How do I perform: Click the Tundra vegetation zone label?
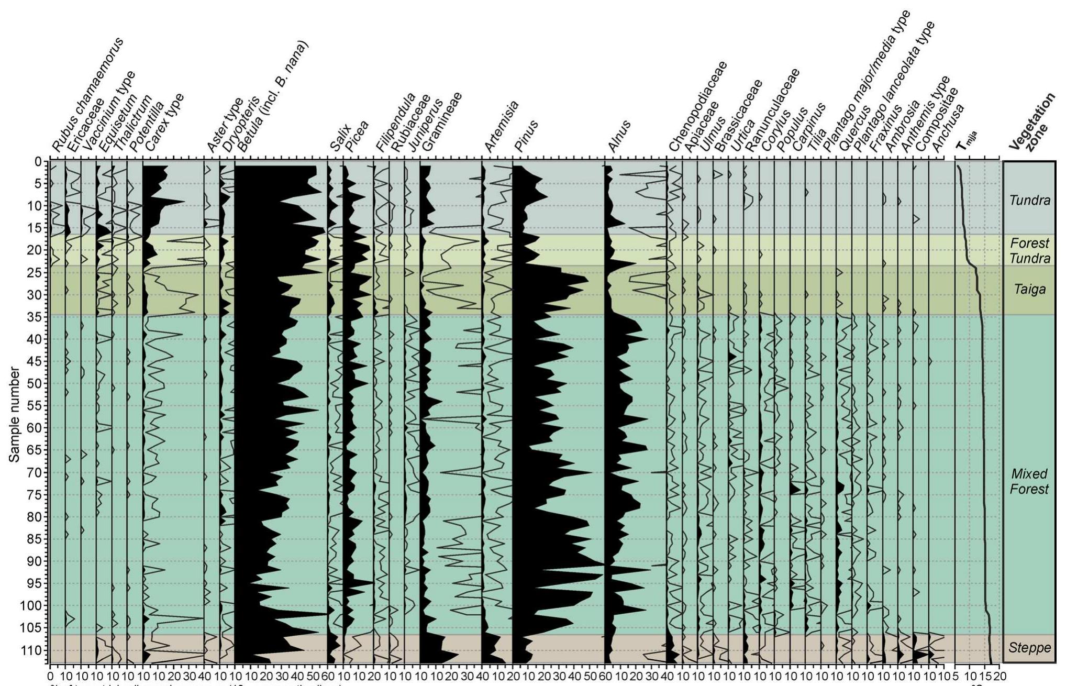pyautogui.click(x=1029, y=200)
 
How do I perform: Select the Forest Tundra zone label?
pyautogui.click(x=1029, y=251)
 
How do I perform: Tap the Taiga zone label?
pyautogui.click(x=1029, y=289)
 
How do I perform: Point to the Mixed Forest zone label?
pyautogui.click(x=1029, y=481)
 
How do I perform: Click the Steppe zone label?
pyautogui.click(x=1029, y=648)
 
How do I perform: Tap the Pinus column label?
pyautogui.click(x=526, y=136)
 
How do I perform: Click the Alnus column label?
pyautogui.click(x=619, y=136)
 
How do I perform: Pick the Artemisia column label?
pyautogui.click(x=501, y=127)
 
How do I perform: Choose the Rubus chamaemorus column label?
pyautogui.click(x=87, y=94)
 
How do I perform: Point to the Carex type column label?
pyautogui.click(x=164, y=123)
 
